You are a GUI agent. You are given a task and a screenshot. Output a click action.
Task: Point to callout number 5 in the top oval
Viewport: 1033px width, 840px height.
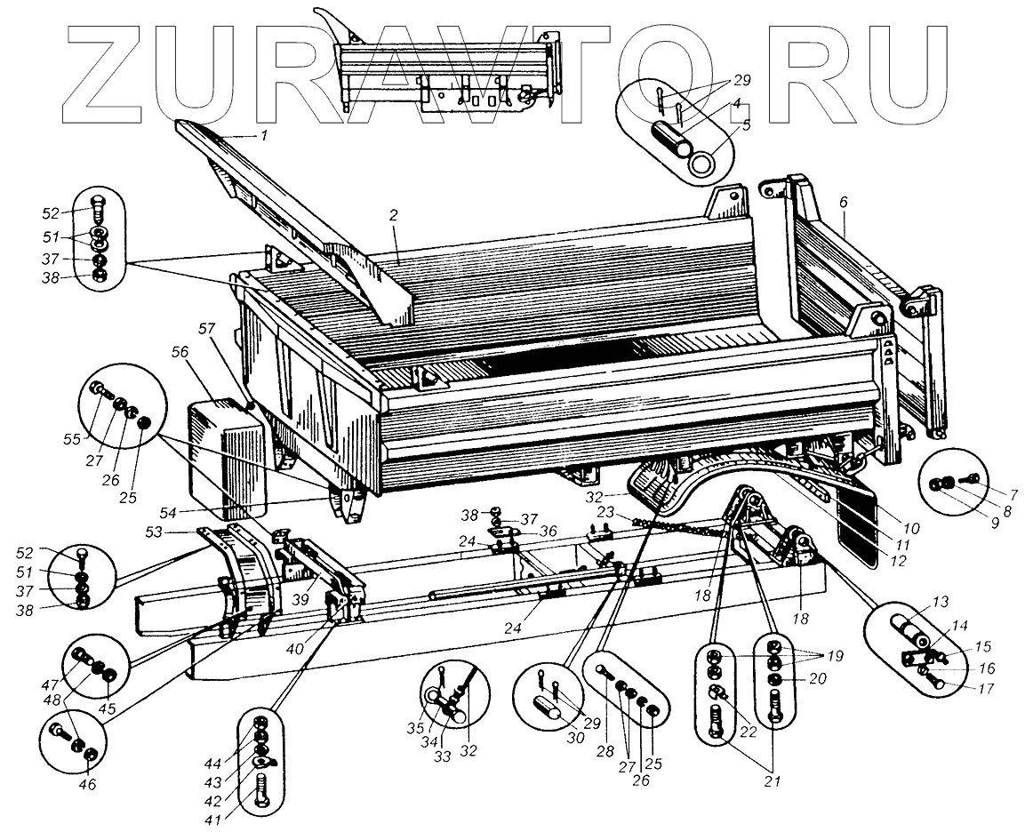point(746,125)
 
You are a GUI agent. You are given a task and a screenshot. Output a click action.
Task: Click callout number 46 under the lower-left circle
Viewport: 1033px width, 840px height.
point(89,785)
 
